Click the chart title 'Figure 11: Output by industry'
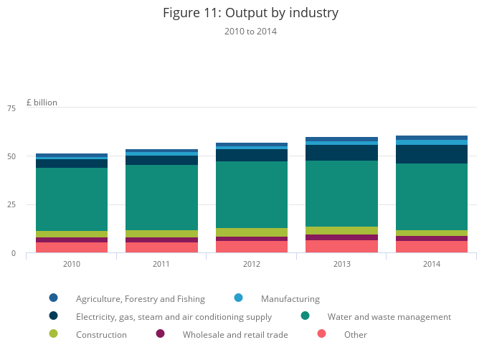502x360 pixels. click(x=250, y=13)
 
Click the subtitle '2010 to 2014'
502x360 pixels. click(x=250, y=32)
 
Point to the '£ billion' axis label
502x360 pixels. click(x=42, y=103)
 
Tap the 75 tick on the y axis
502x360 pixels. click(x=11, y=108)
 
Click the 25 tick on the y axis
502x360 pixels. click(x=11, y=205)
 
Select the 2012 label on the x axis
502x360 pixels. click(x=251, y=265)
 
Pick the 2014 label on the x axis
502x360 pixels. click(x=431, y=265)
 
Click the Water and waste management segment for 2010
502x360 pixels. click(x=72, y=199)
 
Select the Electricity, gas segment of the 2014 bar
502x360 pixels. click(x=431, y=154)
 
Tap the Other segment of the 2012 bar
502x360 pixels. click(x=251, y=247)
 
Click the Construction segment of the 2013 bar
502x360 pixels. click(x=341, y=231)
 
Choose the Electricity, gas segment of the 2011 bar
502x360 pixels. click(x=161, y=161)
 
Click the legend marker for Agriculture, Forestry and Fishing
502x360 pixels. click(x=53, y=298)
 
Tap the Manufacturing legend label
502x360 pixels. click(x=290, y=299)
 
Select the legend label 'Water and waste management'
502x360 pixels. click(x=389, y=317)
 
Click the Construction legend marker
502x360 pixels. click(x=53, y=333)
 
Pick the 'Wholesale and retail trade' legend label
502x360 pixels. click(x=235, y=335)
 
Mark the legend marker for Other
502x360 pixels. click(x=321, y=333)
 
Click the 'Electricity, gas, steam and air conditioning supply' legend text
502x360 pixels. click(x=174, y=317)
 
